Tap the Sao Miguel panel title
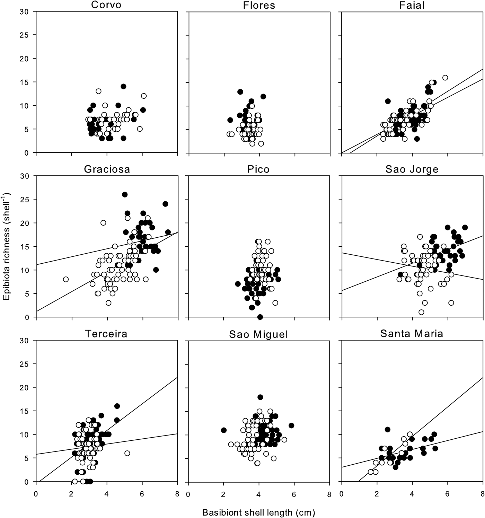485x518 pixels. (x=259, y=334)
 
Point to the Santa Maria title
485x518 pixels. (x=412, y=334)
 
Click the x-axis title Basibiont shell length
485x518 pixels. (x=258, y=512)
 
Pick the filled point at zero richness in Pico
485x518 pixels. (x=260, y=317)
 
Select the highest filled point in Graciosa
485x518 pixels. (x=125, y=195)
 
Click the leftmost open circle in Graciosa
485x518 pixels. (x=66, y=279)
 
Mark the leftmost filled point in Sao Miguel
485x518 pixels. (x=224, y=430)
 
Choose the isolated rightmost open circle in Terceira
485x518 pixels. (x=127, y=453)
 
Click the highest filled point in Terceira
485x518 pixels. (x=117, y=406)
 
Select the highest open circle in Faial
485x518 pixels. (x=445, y=78)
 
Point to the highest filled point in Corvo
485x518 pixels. (x=123, y=86)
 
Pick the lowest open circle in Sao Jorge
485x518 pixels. (x=421, y=312)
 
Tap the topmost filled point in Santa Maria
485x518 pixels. (x=387, y=430)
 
